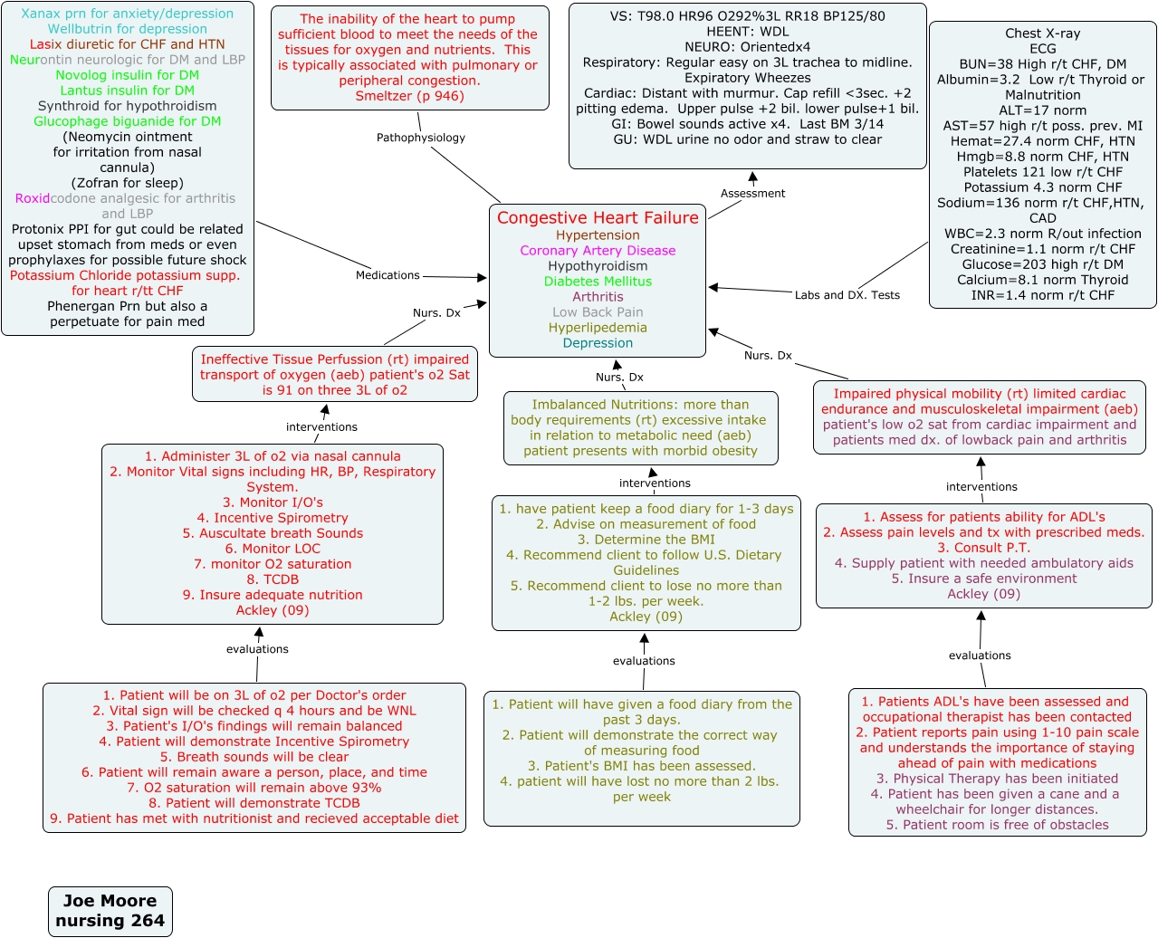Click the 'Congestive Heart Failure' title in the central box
coord(598,218)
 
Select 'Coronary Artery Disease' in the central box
coord(598,251)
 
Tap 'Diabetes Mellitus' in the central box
coord(598,282)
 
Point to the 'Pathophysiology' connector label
coord(421,138)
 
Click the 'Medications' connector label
coord(388,275)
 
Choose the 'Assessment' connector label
coord(752,194)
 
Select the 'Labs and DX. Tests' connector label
coord(847,295)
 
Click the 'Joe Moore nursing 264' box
coord(110,911)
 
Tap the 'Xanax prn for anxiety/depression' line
coord(128,14)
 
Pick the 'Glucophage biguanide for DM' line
coord(128,121)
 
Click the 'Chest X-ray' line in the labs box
coord(1042,33)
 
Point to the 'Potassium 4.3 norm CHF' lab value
coord(1042,187)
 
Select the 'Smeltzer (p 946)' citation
coord(409,96)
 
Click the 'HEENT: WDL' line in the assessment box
coord(747,32)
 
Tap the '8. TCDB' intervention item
coord(273,579)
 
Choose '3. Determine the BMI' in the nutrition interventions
coord(646,540)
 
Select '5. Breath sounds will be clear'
coord(254,757)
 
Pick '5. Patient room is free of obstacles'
coord(997,825)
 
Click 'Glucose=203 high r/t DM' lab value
coord(1042,264)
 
